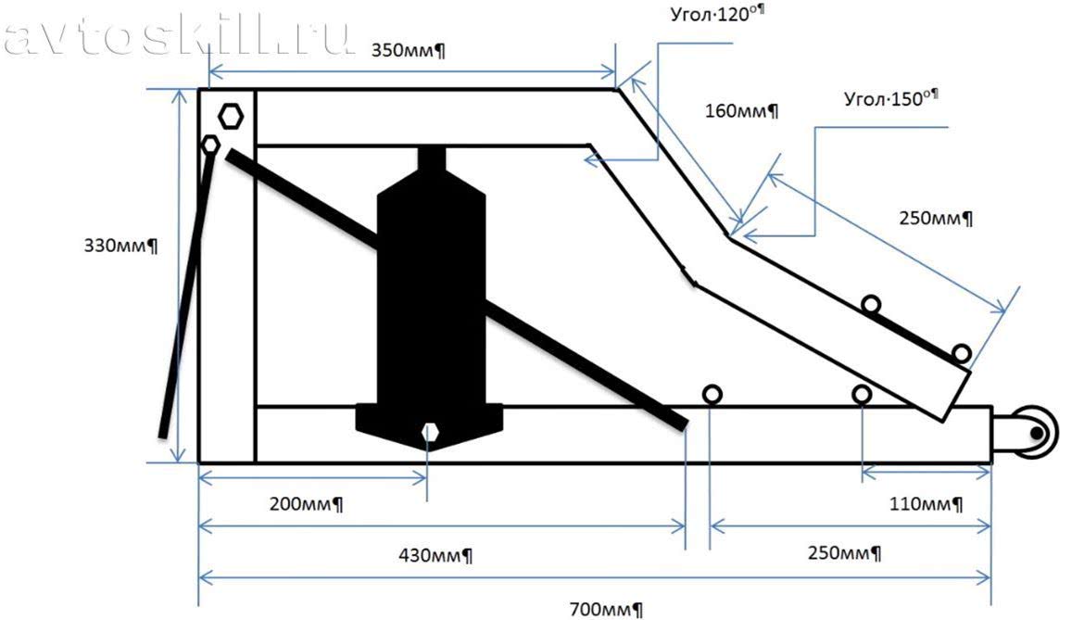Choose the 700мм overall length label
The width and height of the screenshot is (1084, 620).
(606, 609)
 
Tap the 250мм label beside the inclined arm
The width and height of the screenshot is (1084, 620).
(936, 219)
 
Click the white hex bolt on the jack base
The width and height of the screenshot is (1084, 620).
(428, 431)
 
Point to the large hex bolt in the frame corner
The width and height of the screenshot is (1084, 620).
(231, 117)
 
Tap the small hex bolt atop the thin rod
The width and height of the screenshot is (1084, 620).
(210, 145)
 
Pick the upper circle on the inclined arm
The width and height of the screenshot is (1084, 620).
(870, 304)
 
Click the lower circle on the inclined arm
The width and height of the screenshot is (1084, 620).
(961, 353)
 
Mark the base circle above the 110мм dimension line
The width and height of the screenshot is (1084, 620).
(862, 395)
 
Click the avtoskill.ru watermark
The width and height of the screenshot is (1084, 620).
(176, 37)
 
